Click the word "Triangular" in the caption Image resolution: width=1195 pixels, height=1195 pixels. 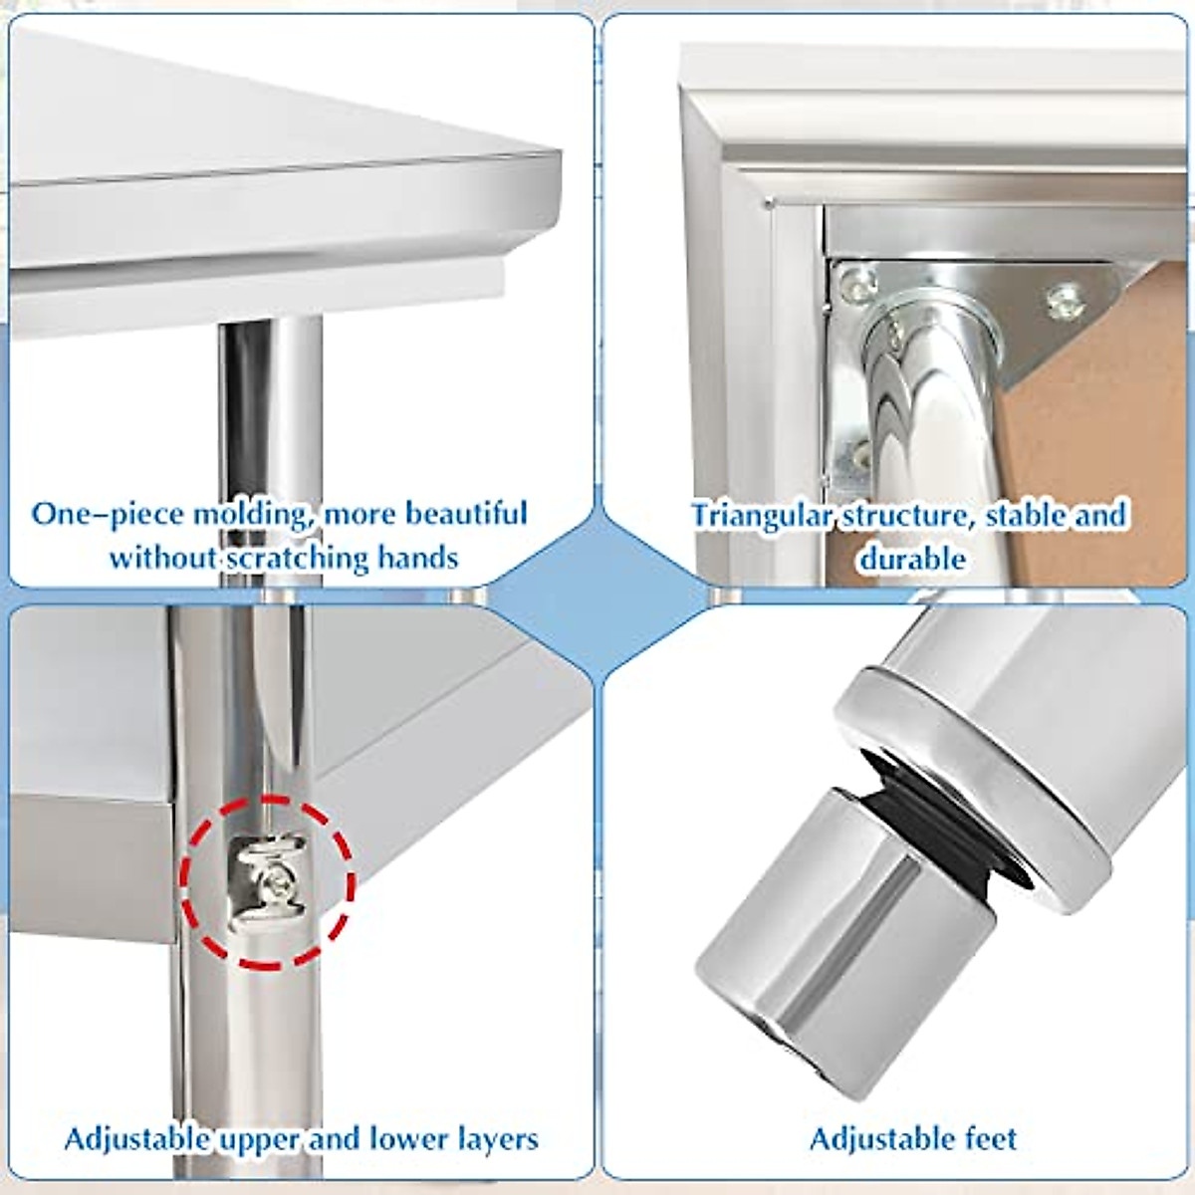pos(762,516)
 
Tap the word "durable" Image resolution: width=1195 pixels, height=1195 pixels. pos(912,558)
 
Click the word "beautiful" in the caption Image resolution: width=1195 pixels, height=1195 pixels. pos(465,515)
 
